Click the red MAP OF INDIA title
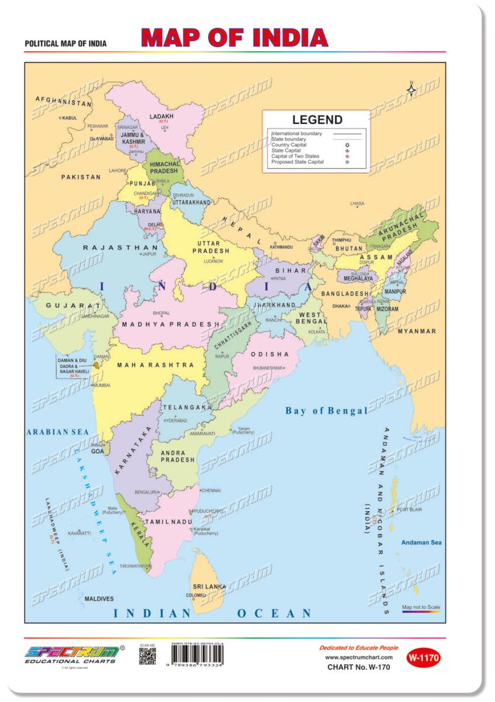pyautogui.click(x=234, y=37)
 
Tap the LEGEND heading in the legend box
pyautogui.click(x=317, y=120)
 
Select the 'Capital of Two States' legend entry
pyautogui.click(x=295, y=156)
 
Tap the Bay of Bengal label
pyautogui.click(x=326, y=411)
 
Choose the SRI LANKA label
pyautogui.click(x=209, y=586)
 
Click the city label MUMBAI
pyautogui.click(x=101, y=386)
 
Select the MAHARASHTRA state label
pyautogui.click(x=155, y=365)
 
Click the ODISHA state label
pyautogui.click(x=270, y=355)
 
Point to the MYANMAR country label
pyautogui.click(x=417, y=331)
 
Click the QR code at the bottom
pyautogui.click(x=147, y=657)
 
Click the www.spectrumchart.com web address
pyautogui.click(x=358, y=658)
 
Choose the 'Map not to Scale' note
pyautogui.click(x=421, y=608)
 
